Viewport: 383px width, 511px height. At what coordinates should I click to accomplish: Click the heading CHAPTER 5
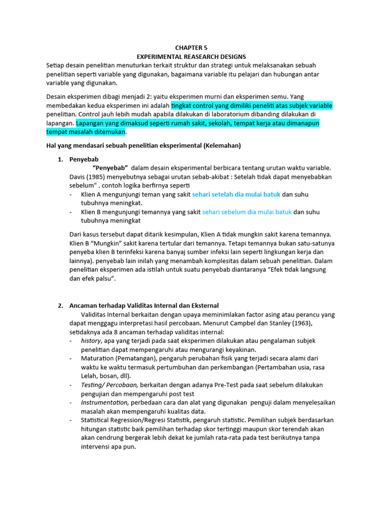(191, 48)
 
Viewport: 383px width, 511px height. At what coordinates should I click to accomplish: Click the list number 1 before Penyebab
(60, 159)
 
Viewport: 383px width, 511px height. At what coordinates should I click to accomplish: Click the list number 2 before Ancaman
(60, 305)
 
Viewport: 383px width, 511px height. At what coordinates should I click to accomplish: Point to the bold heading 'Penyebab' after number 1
(83, 159)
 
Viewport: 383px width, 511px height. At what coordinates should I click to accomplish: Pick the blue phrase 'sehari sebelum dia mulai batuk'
(247, 212)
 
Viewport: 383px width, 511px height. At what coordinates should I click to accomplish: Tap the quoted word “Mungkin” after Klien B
(108, 243)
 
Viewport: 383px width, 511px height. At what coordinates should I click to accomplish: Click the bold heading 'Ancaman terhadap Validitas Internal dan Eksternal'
(144, 305)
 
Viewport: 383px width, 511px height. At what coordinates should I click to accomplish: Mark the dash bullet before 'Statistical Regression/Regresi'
(72, 420)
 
